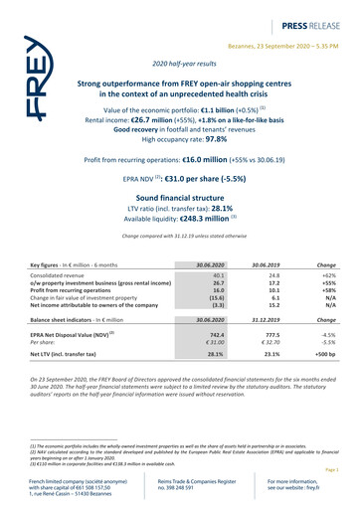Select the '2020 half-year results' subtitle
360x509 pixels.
(x=180, y=63)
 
